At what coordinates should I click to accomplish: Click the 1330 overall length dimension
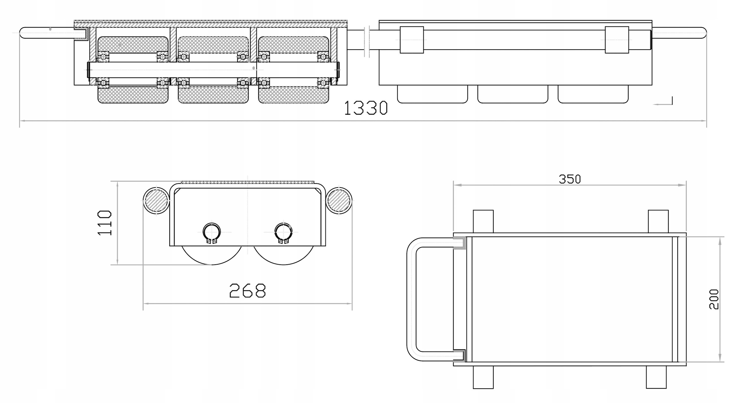366,108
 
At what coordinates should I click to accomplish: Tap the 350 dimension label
570,179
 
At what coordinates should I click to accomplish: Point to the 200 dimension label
714,299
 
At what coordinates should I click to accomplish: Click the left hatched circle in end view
156,200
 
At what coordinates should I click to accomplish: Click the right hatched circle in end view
339,200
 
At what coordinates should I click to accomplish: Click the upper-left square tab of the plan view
483,221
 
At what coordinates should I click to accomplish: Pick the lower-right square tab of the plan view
656,377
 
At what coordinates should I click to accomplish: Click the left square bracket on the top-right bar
412,40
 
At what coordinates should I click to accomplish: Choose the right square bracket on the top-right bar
617,40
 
